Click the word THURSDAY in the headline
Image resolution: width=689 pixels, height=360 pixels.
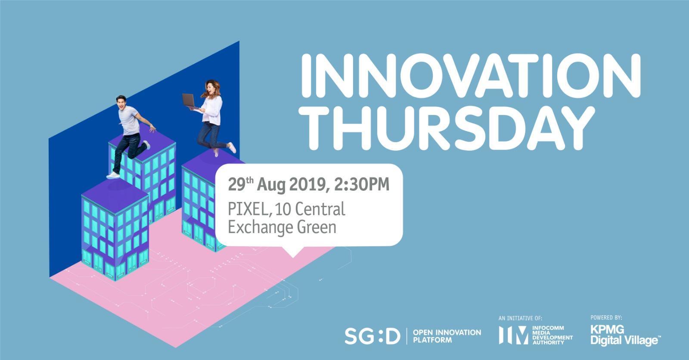[x=447, y=128]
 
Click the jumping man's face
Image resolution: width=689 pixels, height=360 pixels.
[x=121, y=103]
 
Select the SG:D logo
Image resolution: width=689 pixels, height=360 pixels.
[x=372, y=336]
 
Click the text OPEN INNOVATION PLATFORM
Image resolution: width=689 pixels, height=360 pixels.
[x=447, y=336]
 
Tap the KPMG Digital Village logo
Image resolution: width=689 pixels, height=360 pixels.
[x=624, y=335]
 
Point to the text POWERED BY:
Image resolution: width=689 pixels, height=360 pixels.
[x=606, y=317]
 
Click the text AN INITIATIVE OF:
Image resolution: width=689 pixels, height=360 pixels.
[x=521, y=319]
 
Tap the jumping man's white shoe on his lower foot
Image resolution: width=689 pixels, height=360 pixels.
[x=113, y=175]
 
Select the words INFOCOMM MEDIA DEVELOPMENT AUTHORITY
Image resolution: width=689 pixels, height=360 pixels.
[x=552, y=335]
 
